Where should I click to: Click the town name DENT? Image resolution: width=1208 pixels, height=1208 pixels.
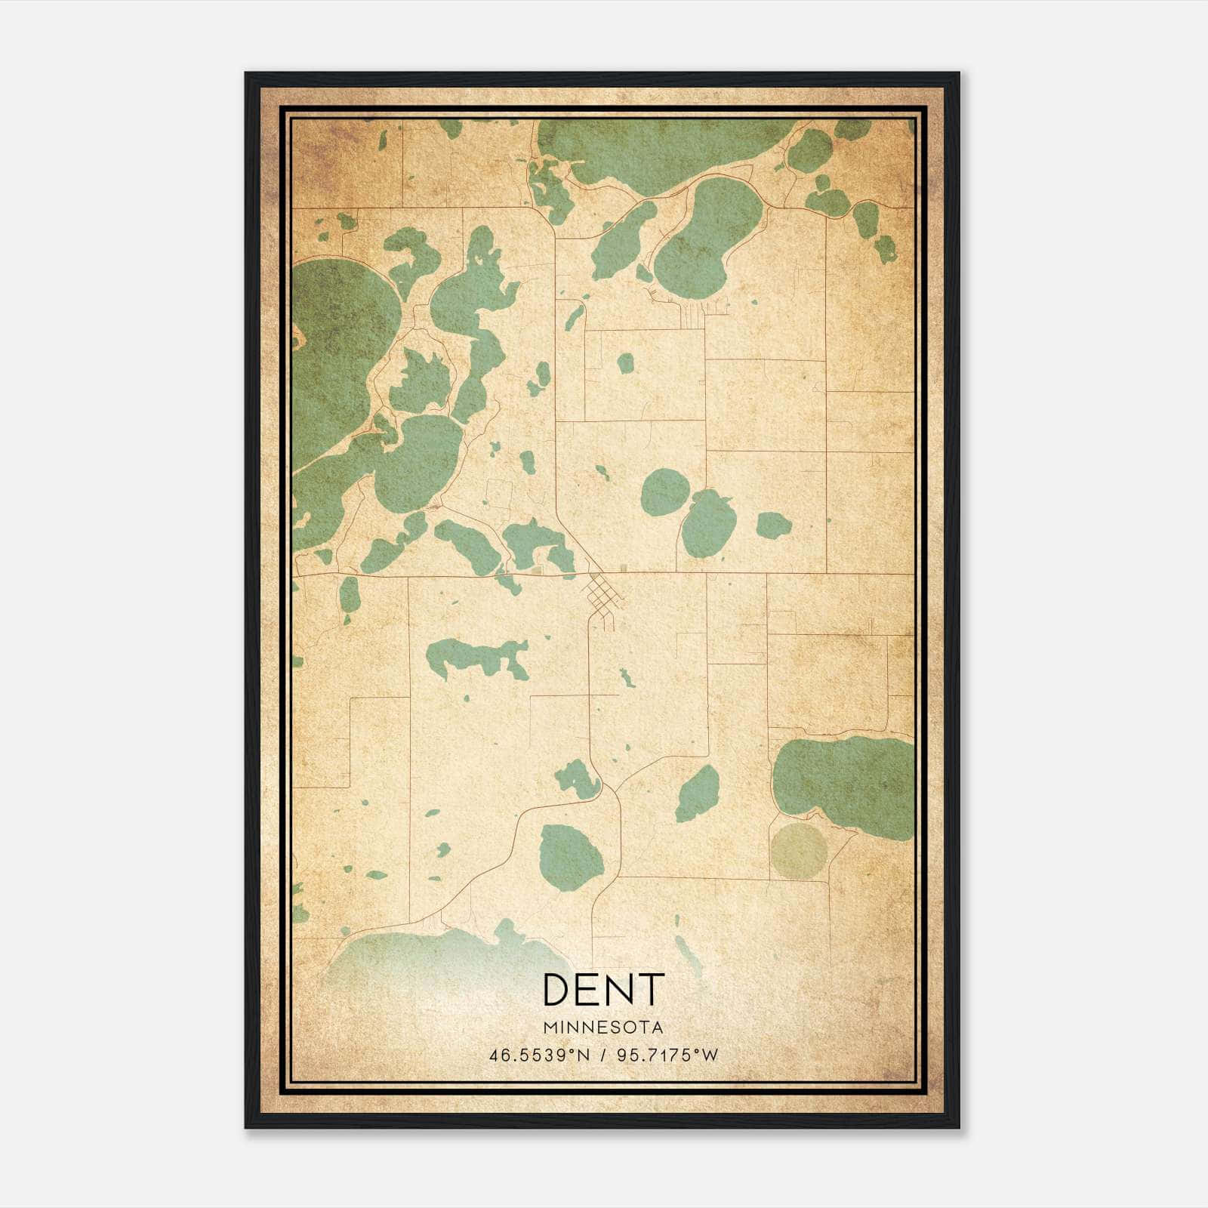point(603,990)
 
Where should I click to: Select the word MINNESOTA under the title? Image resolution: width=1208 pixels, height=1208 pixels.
point(603,1027)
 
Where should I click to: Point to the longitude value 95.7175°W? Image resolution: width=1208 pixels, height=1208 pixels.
point(668,1055)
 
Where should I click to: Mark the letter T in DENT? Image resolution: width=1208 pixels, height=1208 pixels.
point(651,990)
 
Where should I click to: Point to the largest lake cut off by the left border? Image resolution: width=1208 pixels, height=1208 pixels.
point(340,347)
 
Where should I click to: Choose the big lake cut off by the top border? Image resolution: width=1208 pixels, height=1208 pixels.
point(657,147)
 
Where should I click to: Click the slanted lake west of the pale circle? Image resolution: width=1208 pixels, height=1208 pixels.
point(698,794)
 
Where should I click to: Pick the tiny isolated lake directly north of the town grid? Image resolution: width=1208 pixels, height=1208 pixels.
point(624,363)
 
